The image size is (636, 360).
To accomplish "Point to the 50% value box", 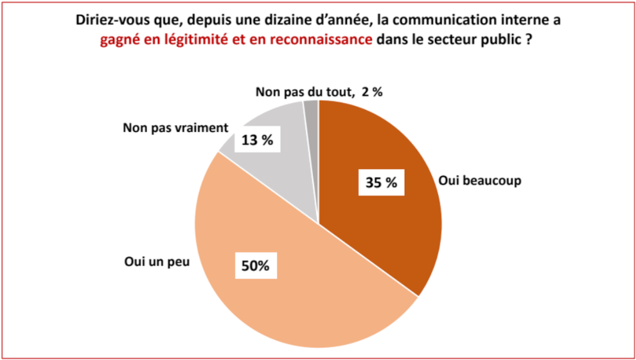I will pos(255,265).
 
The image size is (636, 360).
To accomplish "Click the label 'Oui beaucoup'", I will pos(479,181).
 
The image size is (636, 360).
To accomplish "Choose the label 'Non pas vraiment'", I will pos(175,127).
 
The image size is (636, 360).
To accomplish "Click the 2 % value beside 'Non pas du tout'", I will pos(372,92).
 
